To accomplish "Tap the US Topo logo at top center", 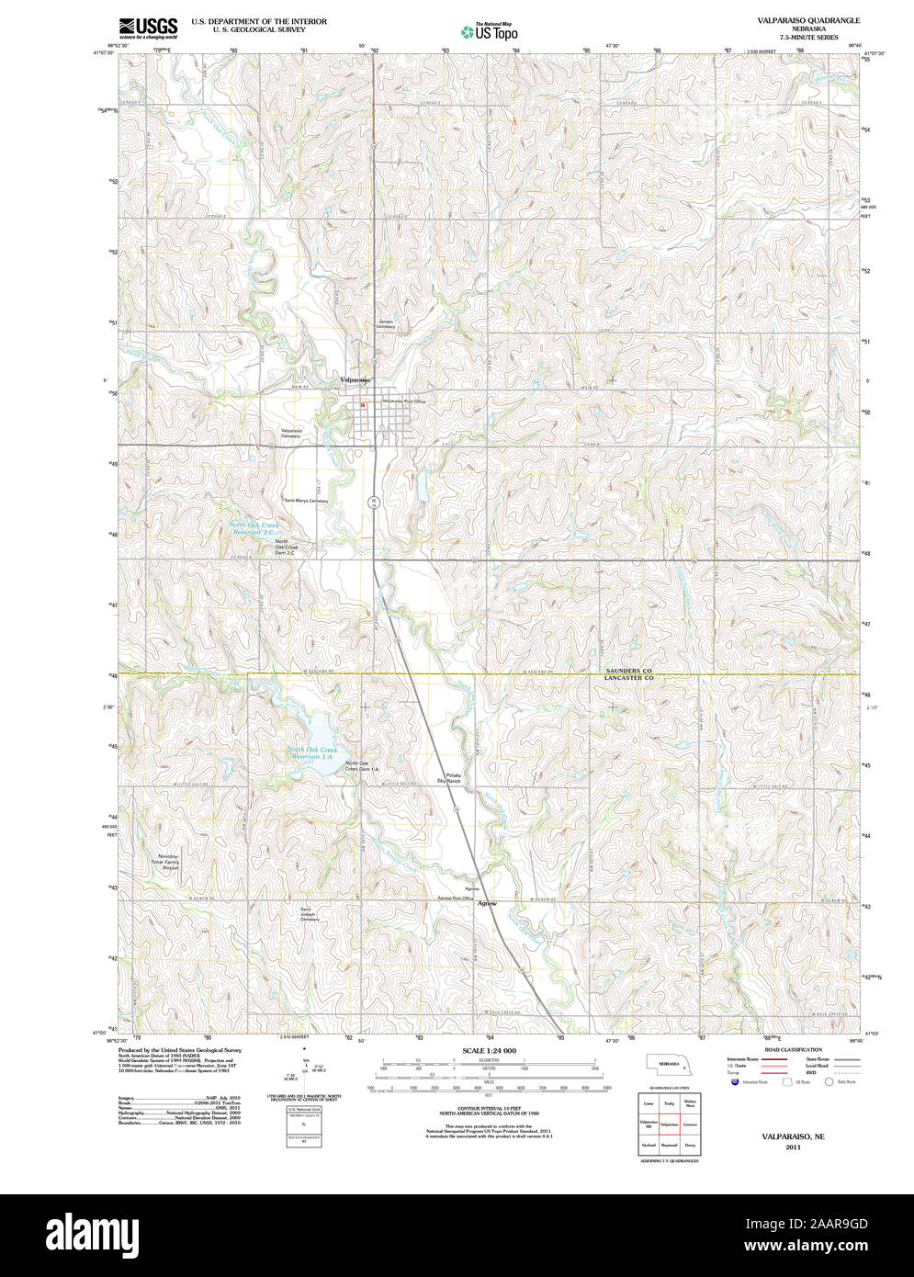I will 491,31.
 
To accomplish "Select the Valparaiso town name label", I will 355,379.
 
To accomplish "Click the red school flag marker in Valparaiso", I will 364,404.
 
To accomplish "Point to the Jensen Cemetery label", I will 385,324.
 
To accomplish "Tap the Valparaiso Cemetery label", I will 291,434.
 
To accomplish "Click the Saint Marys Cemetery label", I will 306,501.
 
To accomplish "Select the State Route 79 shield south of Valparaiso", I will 373,503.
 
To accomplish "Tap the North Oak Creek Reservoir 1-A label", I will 313,753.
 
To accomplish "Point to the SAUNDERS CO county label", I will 628,672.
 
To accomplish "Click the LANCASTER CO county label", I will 628,678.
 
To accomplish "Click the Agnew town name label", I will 487,903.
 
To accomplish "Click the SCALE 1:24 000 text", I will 489,1050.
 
